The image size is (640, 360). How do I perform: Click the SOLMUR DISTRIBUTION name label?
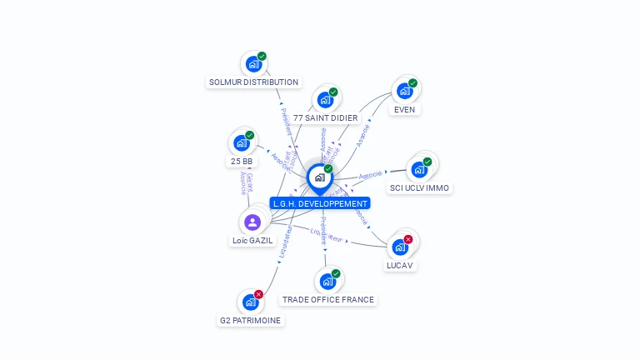pyautogui.click(x=253, y=82)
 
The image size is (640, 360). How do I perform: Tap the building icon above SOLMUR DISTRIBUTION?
pyautogui.click(x=253, y=64)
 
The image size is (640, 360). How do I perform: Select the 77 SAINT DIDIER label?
pyautogui.click(x=325, y=118)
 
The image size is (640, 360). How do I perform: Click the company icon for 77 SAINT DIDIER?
pyautogui.click(x=325, y=100)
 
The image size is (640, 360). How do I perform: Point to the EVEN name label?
pyautogui.click(x=404, y=109)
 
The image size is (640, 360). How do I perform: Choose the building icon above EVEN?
pyautogui.click(x=404, y=91)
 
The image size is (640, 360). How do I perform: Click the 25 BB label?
pyautogui.click(x=241, y=162)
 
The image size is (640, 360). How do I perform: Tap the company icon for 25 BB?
pyautogui.click(x=241, y=143)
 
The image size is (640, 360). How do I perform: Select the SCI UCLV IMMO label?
pyautogui.click(x=420, y=188)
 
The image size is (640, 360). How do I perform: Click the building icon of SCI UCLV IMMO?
pyautogui.click(x=419, y=169)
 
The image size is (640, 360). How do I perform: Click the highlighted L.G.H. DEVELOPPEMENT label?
pyautogui.click(x=320, y=203)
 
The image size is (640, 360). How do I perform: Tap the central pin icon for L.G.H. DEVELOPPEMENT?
pyautogui.click(x=319, y=177)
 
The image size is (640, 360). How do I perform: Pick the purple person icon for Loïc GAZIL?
pyautogui.click(x=252, y=222)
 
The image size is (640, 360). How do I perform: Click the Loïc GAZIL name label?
pyautogui.click(x=252, y=241)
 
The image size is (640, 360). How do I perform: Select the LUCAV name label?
pyautogui.click(x=399, y=266)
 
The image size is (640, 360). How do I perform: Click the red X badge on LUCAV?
pyautogui.click(x=408, y=240)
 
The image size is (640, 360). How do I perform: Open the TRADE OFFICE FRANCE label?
pyautogui.click(x=328, y=300)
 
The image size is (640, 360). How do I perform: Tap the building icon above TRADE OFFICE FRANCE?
pyautogui.click(x=327, y=282)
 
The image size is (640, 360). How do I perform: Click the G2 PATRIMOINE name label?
pyautogui.click(x=250, y=320)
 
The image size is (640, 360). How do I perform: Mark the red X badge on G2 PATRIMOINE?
pyautogui.click(x=259, y=294)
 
